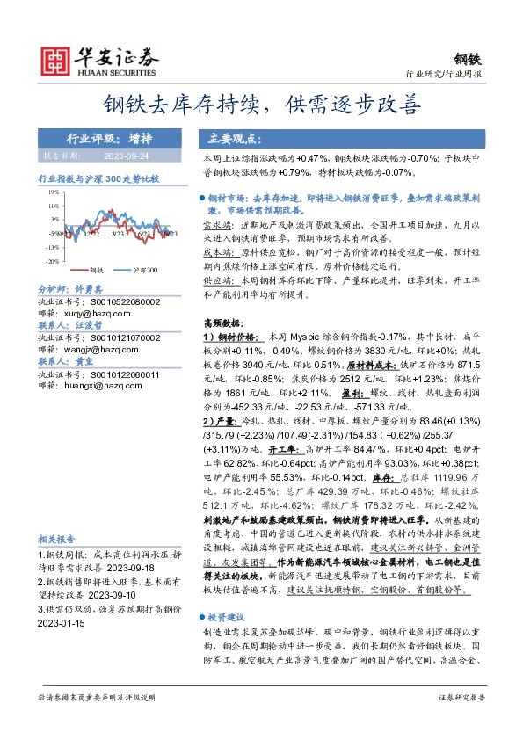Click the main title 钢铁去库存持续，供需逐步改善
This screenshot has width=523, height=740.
click(261, 106)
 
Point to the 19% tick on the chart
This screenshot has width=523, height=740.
click(54, 191)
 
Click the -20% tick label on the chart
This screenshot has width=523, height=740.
click(54, 261)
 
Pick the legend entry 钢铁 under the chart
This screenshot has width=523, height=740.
click(97, 270)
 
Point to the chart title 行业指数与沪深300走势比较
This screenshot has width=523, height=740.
click(98, 178)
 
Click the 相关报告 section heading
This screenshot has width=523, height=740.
click(56, 540)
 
